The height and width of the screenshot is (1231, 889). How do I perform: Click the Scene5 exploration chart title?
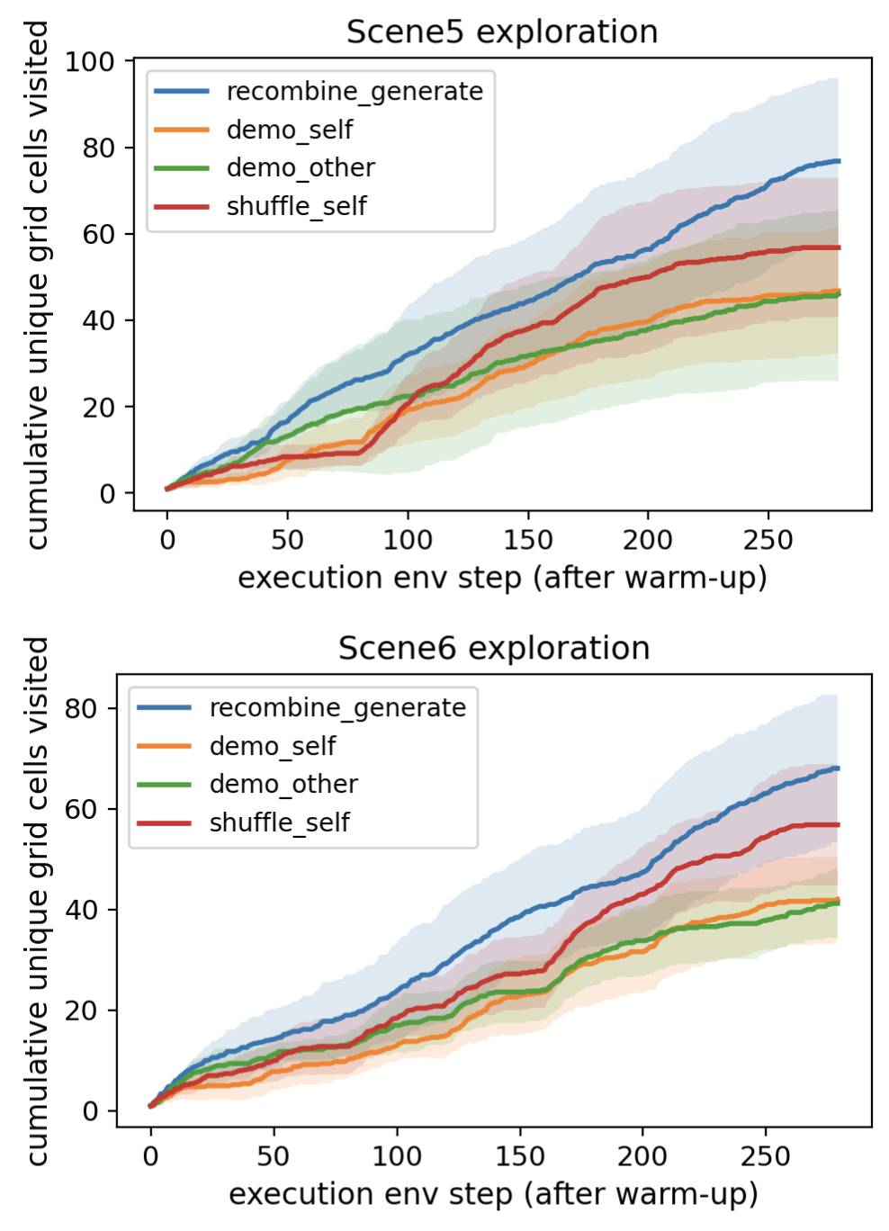coord(502,31)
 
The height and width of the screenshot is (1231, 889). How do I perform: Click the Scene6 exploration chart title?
coord(494,648)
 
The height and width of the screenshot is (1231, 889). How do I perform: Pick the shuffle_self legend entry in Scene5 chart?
coord(296,206)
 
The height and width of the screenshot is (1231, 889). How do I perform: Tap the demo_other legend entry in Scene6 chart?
coord(283,785)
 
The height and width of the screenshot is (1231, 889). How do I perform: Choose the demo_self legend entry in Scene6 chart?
coord(272,746)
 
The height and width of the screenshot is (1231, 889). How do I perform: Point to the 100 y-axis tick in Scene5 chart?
coord(90,61)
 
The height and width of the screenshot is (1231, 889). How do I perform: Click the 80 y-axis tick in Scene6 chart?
coord(80,709)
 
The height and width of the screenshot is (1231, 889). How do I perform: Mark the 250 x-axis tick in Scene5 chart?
coord(768,540)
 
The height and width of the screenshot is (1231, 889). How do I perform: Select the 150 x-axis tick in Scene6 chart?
coord(519,1156)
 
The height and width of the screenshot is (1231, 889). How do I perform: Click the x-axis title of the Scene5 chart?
coord(502,578)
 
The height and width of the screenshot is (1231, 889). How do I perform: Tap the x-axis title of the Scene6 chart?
coord(493,1194)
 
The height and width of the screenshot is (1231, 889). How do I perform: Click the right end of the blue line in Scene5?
coord(839,161)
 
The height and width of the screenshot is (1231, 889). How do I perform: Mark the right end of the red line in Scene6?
coord(838,824)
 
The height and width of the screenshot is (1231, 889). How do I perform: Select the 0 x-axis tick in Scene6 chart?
coord(150,1156)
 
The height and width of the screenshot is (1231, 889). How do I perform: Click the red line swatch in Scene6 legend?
coord(164,822)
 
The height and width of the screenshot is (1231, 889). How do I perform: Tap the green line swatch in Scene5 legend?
coord(181,168)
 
